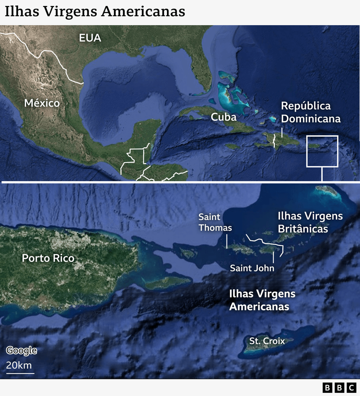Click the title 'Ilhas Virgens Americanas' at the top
(x=95, y=11)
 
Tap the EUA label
(x=90, y=38)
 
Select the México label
(x=42, y=103)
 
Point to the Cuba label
(x=224, y=117)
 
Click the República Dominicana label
(x=310, y=112)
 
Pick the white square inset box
(x=322, y=151)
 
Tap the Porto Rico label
(x=48, y=258)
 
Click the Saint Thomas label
(x=215, y=222)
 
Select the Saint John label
(x=252, y=268)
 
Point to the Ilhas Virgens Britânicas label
(x=310, y=222)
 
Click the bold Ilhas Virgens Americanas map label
(x=262, y=300)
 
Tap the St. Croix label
(x=267, y=341)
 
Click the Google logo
(x=21, y=351)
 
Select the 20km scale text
(x=19, y=365)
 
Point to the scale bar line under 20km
(x=20, y=373)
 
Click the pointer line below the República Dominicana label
(x=281, y=132)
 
